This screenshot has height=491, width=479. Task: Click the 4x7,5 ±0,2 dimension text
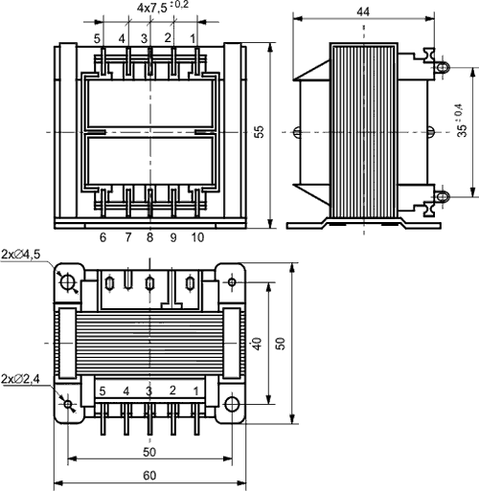(163, 8)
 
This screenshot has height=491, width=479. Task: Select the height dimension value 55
(259, 134)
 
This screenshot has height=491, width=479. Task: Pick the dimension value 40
(257, 342)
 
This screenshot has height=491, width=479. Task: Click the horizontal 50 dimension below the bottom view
(149, 450)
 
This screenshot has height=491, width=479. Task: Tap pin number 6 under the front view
(103, 236)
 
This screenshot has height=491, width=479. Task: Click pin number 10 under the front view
(197, 236)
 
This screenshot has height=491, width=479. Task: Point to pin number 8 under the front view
(149, 236)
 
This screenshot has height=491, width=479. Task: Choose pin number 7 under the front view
(125, 236)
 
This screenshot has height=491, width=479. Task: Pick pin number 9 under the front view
(173, 236)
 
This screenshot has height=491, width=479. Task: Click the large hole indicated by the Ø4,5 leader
(68, 281)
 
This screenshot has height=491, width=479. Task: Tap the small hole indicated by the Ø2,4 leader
(68, 403)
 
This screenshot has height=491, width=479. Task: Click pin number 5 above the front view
(97, 37)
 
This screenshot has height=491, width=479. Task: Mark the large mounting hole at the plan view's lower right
(231, 403)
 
